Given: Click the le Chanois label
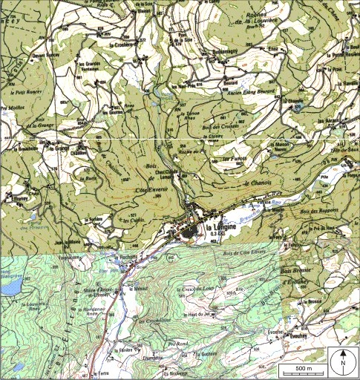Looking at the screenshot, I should pos(255,183).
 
